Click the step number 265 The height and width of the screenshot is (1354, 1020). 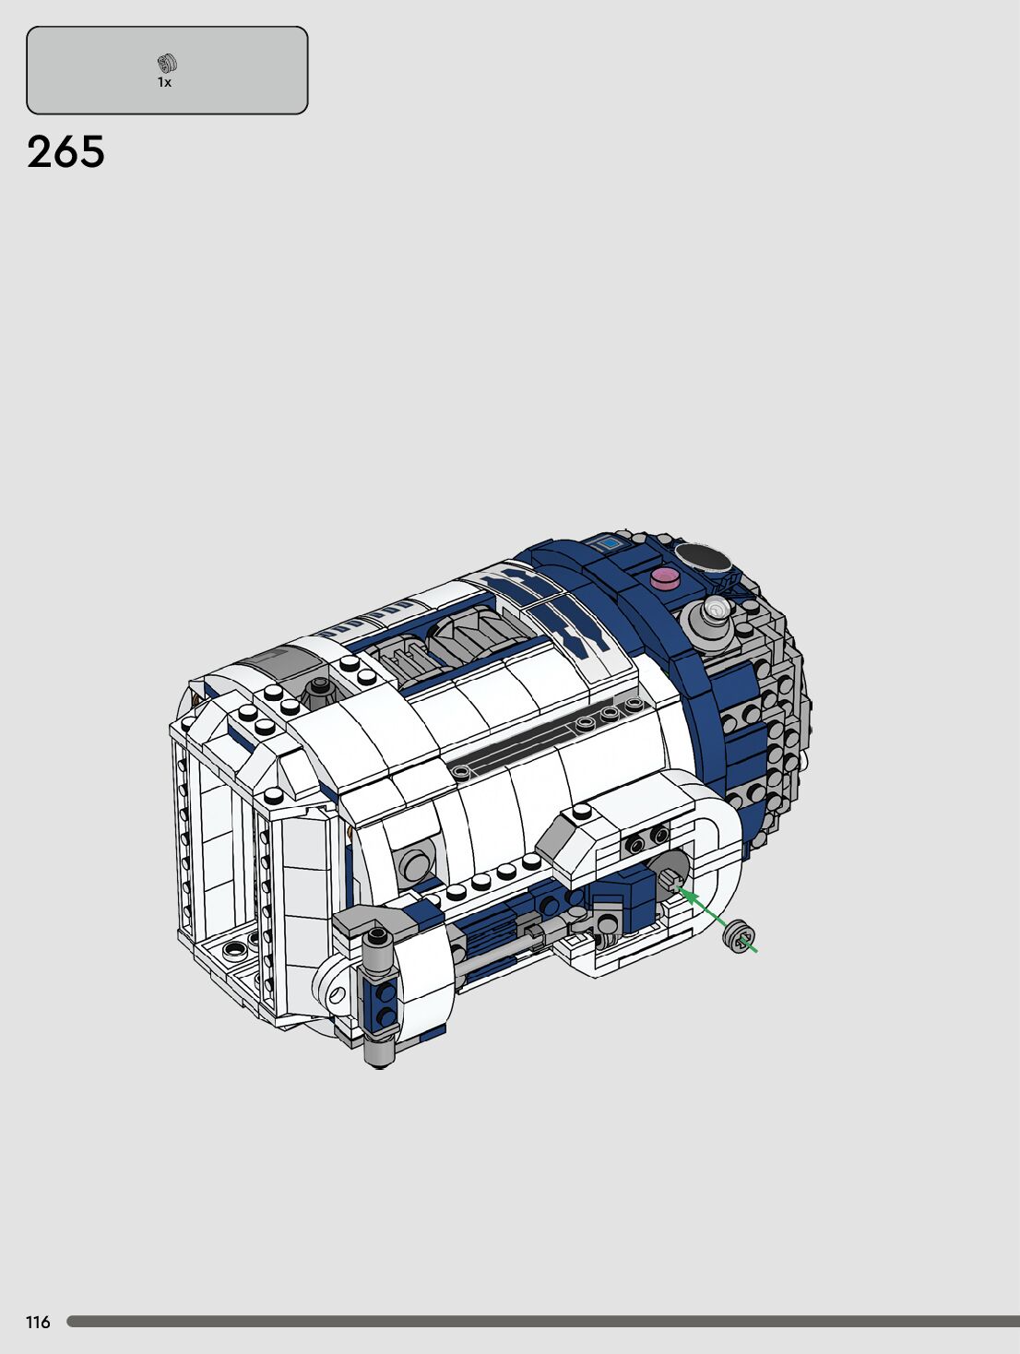point(66,152)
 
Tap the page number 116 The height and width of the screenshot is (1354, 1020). point(38,1322)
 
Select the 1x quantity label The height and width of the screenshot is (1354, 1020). point(164,82)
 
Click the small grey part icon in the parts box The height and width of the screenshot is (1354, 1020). point(167,64)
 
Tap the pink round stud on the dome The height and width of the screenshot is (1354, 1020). point(666,578)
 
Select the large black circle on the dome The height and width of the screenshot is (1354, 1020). point(701,557)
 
